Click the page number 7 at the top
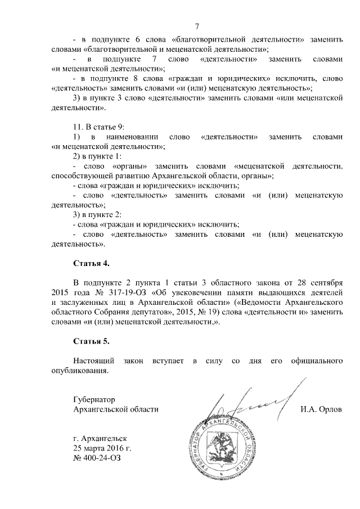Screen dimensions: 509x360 click(197, 26)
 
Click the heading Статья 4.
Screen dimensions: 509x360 click(92, 263)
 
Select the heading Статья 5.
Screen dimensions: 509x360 click(92, 341)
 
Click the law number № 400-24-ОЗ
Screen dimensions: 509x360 click(97, 457)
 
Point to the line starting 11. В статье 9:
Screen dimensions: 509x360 click(102, 127)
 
